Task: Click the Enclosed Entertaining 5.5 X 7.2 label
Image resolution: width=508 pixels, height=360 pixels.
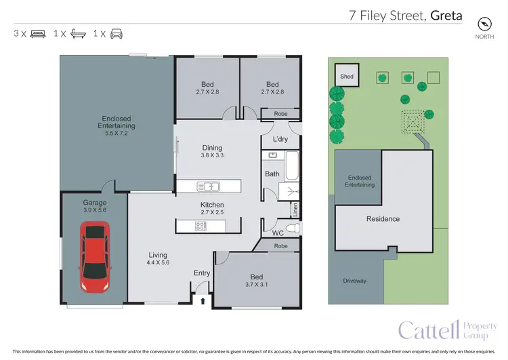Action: pyautogui.click(x=114, y=126)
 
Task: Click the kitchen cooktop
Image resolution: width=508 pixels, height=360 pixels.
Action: pyautogui.click(x=201, y=226)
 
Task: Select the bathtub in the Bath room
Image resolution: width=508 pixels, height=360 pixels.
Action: pyautogui.click(x=291, y=165)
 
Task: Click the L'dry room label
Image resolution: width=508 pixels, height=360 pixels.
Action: pyautogui.click(x=280, y=139)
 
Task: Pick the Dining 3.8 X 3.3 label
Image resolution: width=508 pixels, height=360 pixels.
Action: pyautogui.click(x=212, y=151)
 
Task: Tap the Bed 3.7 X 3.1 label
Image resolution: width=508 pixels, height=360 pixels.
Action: pyautogui.click(x=257, y=281)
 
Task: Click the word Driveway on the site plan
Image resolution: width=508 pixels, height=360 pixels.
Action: pyautogui.click(x=354, y=281)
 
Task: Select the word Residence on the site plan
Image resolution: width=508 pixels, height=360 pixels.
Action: pyautogui.click(x=383, y=219)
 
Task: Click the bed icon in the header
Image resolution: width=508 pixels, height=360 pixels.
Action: pyautogui.click(x=38, y=33)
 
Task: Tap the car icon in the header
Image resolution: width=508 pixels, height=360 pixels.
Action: pyautogui.click(x=116, y=33)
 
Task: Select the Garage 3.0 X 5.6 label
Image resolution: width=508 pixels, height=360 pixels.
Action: pyautogui.click(x=95, y=206)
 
